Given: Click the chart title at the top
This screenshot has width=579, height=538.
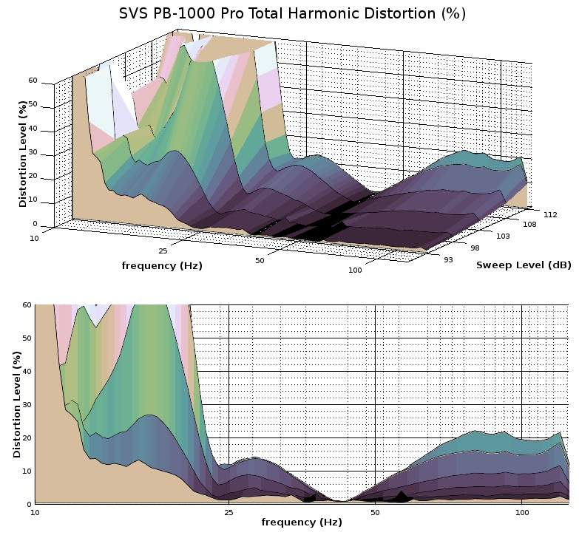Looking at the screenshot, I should coord(292,14).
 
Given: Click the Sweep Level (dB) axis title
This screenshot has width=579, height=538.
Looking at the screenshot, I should coord(524,265).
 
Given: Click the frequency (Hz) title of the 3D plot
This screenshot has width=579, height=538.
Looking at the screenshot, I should coord(162,265).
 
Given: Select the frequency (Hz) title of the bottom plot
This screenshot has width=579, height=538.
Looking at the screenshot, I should coord(302,522).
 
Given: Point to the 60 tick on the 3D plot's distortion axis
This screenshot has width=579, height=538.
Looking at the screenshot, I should coord(33,81).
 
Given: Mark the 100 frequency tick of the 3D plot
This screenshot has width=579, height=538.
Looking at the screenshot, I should coord(354,270).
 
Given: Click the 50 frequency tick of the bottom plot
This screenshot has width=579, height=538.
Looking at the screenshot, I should coord(375,511).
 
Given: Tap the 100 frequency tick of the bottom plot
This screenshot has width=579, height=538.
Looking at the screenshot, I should coord(522,511).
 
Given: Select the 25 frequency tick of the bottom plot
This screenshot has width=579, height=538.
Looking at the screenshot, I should coord(228,511).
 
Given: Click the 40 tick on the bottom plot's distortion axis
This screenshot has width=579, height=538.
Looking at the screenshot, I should coord(27,371).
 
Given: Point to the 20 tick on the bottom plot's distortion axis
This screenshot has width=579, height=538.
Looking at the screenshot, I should coord(27,437).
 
